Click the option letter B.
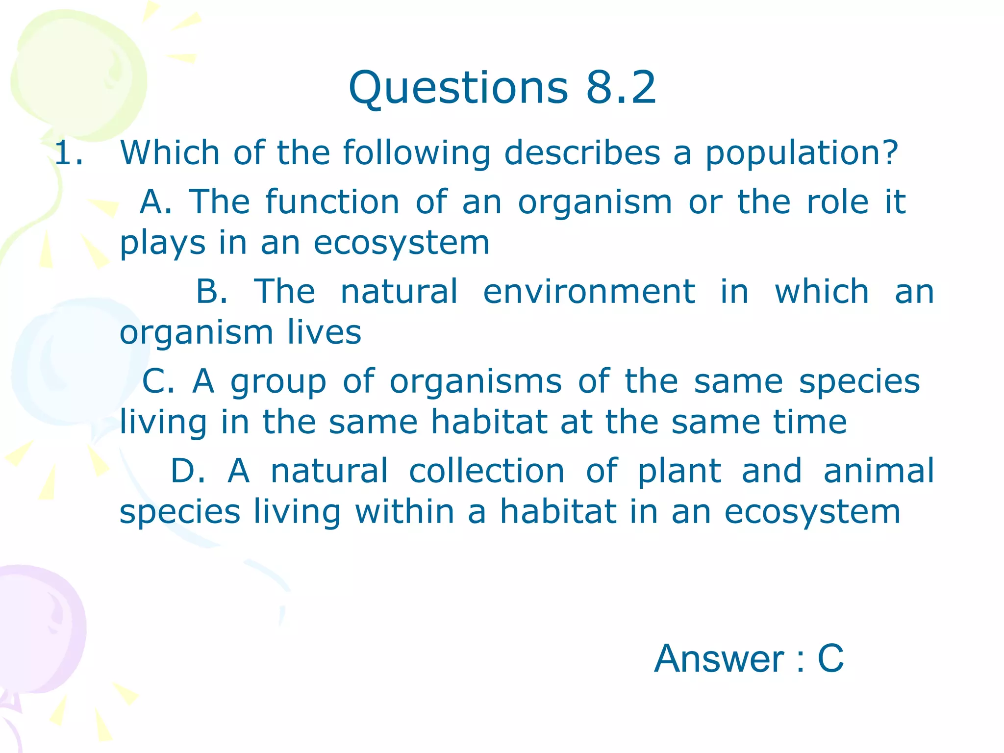(x=211, y=291)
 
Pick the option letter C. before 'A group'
(x=158, y=381)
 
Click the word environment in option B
(x=589, y=291)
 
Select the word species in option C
(x=859, y=382)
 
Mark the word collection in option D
(x=486, y=471)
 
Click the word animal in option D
(x=878, y=471)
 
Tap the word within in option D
(x=404, y=511)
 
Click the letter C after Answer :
(x=830, y=658)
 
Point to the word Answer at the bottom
(x=719, y=658)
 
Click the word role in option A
(x=837, y=201)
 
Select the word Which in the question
(x=170, y=152)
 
